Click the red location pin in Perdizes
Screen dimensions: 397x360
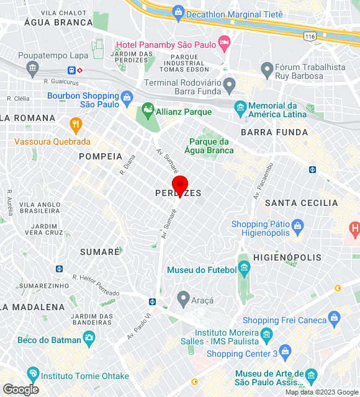[x=180, y=185]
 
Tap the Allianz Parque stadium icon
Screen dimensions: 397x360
[x=148, y=112]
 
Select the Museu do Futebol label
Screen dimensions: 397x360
[x=202, y=270]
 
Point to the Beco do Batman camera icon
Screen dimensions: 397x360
[x=89, y=339]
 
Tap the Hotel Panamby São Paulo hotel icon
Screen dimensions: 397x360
[x=224, y=45]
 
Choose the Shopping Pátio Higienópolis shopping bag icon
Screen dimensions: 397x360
[x=297, y=224]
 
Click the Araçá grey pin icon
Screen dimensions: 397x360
[x=183, y=299]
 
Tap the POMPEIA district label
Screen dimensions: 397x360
[x=101, y=156]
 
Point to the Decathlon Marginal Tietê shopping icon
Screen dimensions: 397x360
[x=179, y=12]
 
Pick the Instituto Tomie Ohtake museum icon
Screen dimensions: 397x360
[x=33, y=375]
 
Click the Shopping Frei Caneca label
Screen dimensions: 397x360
[x=284, y=320]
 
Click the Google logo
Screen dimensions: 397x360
[x=20, y=389]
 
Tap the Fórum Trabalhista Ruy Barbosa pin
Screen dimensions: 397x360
[x=268, y=68]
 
